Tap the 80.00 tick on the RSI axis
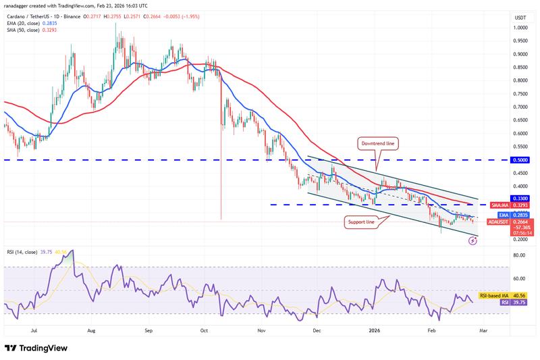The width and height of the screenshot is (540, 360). tap(519, 256)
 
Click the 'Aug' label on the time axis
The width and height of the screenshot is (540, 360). tap(92, 332)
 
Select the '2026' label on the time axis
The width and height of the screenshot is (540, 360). tap(376, 332)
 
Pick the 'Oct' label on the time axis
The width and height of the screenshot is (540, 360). tap(205, 332)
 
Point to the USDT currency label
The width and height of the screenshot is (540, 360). tap(520, 18)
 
